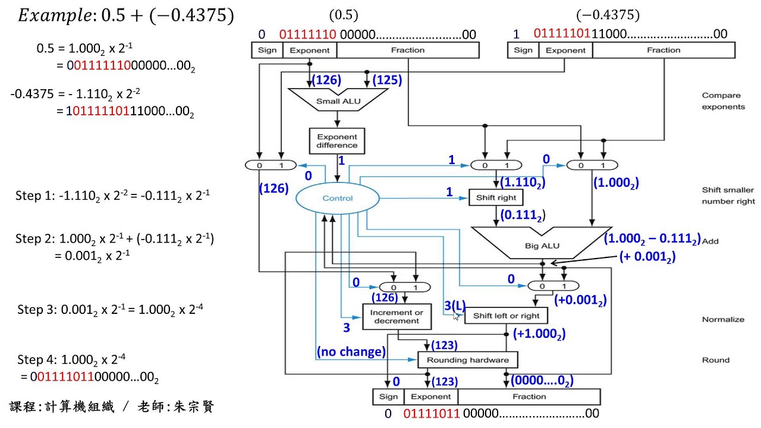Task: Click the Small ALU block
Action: coord(337,100)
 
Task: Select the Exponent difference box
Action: coord(337,140)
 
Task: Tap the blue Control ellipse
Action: coord(338,198)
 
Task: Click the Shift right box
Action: coord(496,197)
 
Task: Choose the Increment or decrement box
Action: coord(396,316)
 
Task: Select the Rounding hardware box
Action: coord(467,360)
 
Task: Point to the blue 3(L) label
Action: coord(455,306)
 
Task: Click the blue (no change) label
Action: coord(351,352)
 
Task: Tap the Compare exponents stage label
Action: coord(723,100)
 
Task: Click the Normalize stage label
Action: coord(723,319)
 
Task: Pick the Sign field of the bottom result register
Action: coord(388,396)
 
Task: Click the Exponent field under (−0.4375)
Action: coord(565,51)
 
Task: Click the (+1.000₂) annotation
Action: coord(539,334)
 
